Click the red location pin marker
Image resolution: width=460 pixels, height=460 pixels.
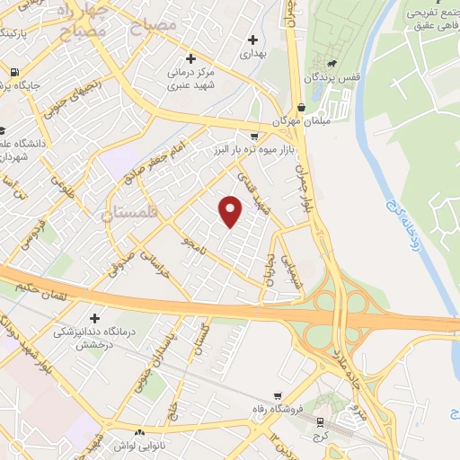[231, 212]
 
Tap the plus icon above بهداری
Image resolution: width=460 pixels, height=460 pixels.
[252, 40]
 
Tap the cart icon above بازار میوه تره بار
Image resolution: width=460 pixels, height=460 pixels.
[255, 135]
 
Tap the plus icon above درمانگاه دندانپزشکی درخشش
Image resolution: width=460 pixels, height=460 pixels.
[94, 318]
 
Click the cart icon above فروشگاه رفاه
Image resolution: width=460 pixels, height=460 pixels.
[282, 394]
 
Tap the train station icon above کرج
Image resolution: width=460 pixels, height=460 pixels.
[321, 420]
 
